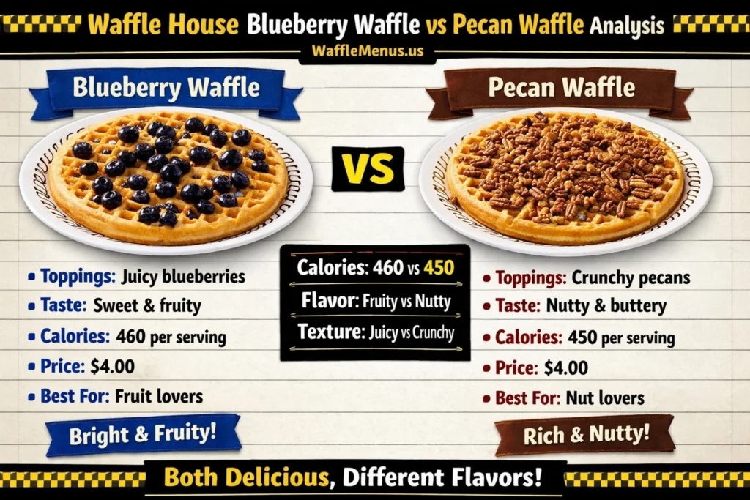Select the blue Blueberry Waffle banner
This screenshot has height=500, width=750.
coord(166,89)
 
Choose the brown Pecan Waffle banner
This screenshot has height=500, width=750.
coord(562,88)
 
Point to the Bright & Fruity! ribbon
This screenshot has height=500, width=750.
coord(143,434)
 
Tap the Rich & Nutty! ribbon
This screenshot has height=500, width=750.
coord(586,435)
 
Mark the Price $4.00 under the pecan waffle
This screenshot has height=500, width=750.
coord(542,367)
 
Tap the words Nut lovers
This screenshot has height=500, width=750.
coord(604,398)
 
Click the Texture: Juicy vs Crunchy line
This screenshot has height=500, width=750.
coord(375,332)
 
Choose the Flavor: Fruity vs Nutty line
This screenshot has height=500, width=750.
coord(375,300)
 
